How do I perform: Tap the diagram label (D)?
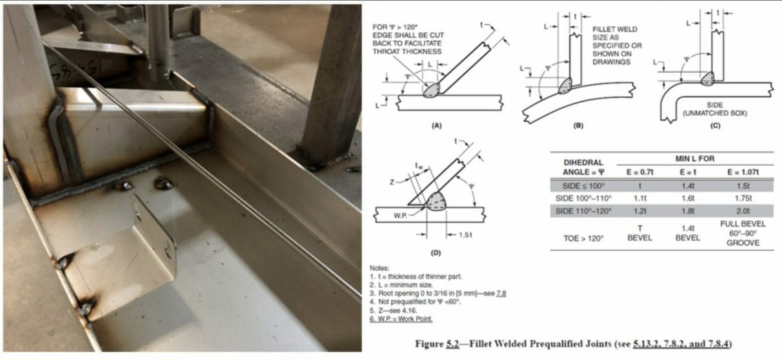[435, 253]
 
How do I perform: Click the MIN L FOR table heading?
[687, 157]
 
